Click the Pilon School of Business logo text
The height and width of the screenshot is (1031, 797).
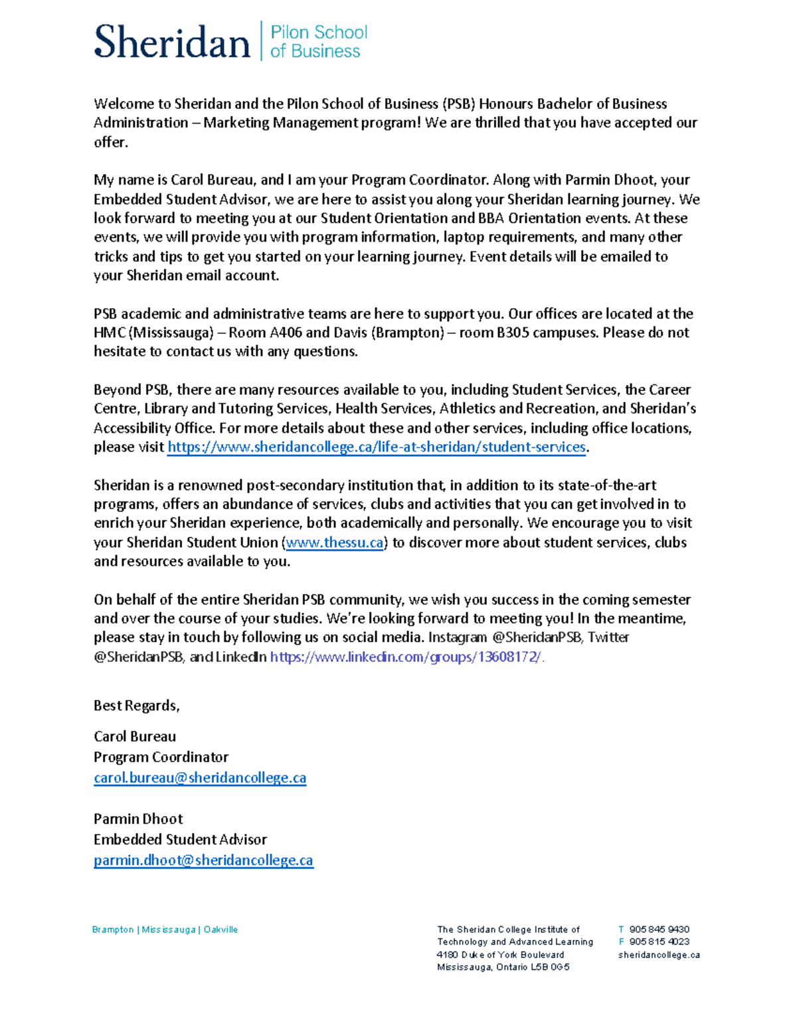tap(318, 41)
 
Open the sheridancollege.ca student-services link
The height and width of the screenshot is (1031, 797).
tap(376, 447)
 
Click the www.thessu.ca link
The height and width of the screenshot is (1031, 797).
tap(334, 542)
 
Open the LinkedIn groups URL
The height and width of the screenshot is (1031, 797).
tap(406, 657)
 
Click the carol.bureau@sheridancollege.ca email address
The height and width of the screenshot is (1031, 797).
tap(200, 777)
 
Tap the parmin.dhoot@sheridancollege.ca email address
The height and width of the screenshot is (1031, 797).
tap(203, 860)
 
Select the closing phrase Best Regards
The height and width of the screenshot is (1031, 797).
tap(136, 705)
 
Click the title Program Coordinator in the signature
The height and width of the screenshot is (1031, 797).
tap(161, 757)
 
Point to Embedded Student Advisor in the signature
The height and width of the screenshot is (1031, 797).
tap(180, 839)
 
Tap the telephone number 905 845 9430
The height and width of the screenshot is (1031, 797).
tap(659, 929)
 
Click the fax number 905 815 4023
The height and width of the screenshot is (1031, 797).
tap(659, 941)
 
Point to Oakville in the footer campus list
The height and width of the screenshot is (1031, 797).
tap(221, 929)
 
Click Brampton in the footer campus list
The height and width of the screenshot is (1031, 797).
tap(113, 929)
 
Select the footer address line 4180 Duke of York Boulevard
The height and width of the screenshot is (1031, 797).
tap(500, 955)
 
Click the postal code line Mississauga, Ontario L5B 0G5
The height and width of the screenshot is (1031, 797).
tap(503, 967)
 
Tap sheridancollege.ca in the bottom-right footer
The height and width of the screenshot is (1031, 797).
tap(659, 955)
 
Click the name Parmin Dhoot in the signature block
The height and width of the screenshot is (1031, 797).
tap(138, 819)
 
